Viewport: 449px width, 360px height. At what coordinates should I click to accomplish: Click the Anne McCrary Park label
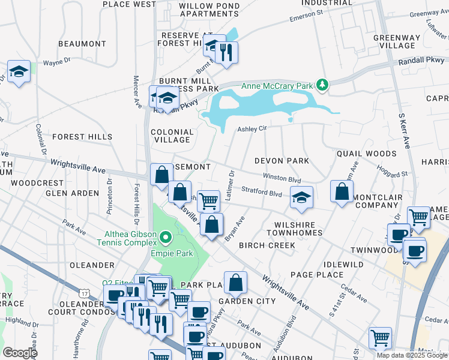277,86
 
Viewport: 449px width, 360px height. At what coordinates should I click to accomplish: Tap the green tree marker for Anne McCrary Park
322,85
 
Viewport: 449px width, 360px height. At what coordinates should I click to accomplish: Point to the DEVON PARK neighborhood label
282,161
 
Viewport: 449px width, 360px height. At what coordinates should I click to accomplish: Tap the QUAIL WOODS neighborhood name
366,154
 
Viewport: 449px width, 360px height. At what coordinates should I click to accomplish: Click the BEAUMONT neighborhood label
82,44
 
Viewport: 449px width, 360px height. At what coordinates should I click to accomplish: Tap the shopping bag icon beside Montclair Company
342,192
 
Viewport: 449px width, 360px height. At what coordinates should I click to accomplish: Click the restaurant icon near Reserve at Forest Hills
226,52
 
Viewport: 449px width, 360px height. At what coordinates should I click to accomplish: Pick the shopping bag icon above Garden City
237,281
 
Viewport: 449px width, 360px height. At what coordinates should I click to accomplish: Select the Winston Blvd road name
282,178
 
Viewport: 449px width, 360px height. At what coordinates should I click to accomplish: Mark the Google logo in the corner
20,353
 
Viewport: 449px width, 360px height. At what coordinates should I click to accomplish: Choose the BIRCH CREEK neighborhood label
267,245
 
